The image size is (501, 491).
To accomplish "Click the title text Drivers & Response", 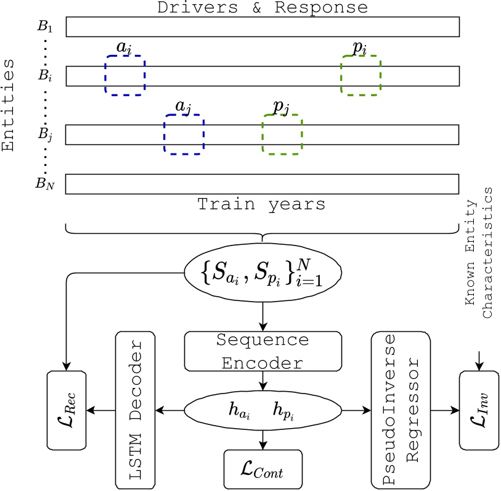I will [263, 7].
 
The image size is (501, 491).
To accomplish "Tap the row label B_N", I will [45, 184].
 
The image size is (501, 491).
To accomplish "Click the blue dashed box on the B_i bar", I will [125, 75].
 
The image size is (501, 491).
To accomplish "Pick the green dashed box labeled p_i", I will [360, 75].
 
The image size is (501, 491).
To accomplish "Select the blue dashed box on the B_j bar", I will [184, 133].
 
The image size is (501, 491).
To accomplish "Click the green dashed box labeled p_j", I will [282, 134].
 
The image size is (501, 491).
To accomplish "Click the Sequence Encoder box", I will [263, 351].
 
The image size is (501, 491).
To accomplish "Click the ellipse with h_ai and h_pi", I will [263, 408].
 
